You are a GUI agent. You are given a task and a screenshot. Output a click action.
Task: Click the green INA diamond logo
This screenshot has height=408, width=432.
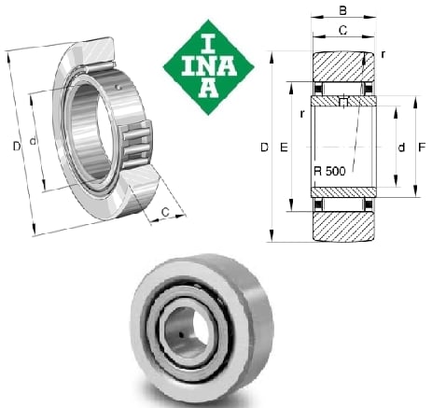click(x=209, y=67)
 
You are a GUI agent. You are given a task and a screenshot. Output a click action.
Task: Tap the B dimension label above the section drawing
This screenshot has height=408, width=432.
click(x=342, y=10)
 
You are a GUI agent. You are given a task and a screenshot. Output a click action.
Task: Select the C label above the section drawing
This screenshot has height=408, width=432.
click(x=342, y=30)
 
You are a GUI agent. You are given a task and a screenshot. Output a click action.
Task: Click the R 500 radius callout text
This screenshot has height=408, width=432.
click(x=329, y=171)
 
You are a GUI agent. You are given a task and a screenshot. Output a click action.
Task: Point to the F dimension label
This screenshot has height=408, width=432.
click(x=422, y=147)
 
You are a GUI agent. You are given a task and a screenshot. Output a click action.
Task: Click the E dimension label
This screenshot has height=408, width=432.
click(x=284, y=147)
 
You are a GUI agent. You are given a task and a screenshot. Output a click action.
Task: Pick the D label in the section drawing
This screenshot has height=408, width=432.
click(x=264, y=147)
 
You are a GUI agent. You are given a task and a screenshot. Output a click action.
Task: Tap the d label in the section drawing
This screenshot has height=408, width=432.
click(x=401, y=147)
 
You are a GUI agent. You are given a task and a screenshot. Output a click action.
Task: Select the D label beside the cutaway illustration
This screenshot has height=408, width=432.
click(x=17, y=146)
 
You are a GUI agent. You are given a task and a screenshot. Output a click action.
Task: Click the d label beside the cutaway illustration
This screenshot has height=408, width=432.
click(x=33, y=141)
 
